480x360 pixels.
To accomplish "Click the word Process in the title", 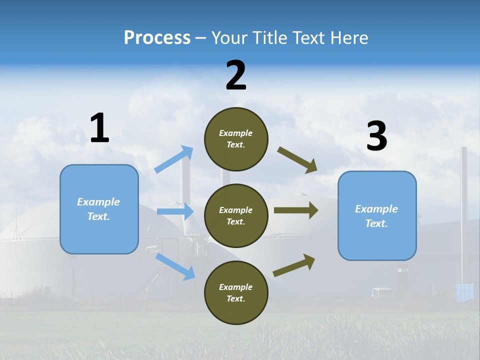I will coord(157,38).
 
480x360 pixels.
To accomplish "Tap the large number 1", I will coord(99,128).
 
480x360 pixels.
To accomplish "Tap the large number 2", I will coord(236,75).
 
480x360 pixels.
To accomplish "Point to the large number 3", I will coord(376,136).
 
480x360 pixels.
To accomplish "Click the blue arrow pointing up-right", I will coord(174,159).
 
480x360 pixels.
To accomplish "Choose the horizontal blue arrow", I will coord(175,211).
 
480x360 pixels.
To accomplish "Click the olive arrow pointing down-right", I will coord(297,160).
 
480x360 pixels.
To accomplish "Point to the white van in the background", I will coord(382,292).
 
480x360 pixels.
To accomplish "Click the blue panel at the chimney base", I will coord(464,292).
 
